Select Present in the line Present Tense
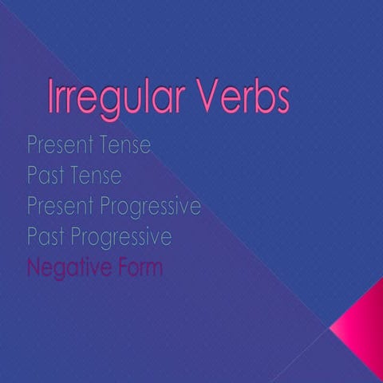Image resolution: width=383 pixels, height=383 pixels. pyautogui.click(x=58, y=146)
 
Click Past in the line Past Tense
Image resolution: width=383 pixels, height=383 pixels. pyautogui.click(x=44, y=175)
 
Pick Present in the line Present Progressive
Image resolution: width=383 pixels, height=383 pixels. pyautogui.click(x=58, y=206)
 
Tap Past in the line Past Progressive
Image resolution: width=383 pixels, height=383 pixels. pyautogui.click(x=44, y=237)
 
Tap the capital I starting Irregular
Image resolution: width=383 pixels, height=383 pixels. pyautogui.click(x=52, y=97)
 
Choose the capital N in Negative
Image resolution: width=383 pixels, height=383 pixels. pyautogui.click(x=34, y=268)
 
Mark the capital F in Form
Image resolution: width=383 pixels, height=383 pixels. pyautogui.click(x=118, y=268)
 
